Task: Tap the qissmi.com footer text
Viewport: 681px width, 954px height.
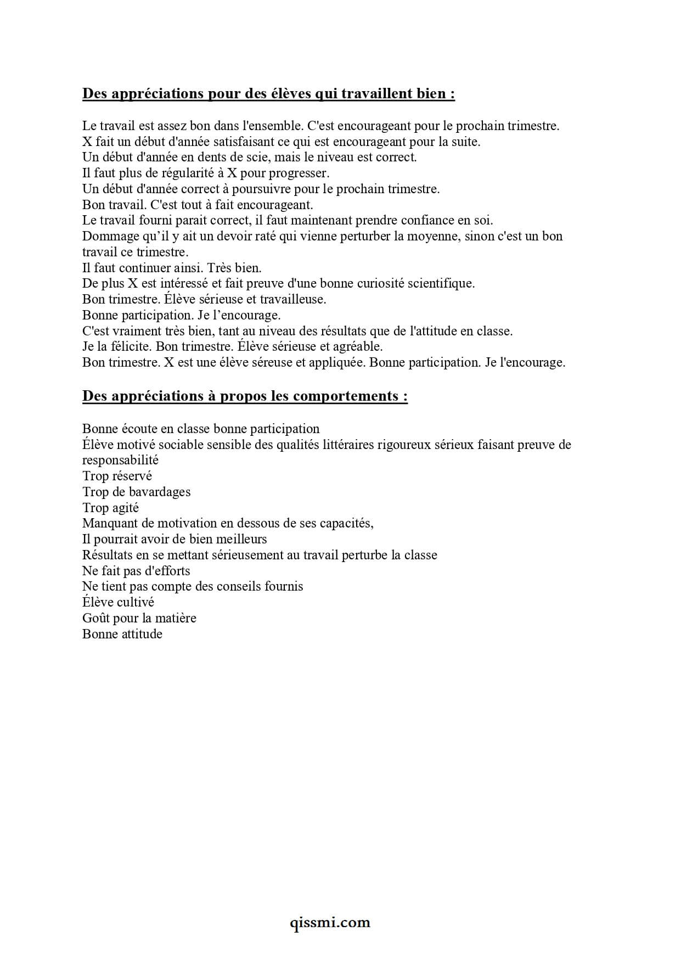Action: [330, 922]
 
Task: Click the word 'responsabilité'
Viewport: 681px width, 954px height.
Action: [120, 461]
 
